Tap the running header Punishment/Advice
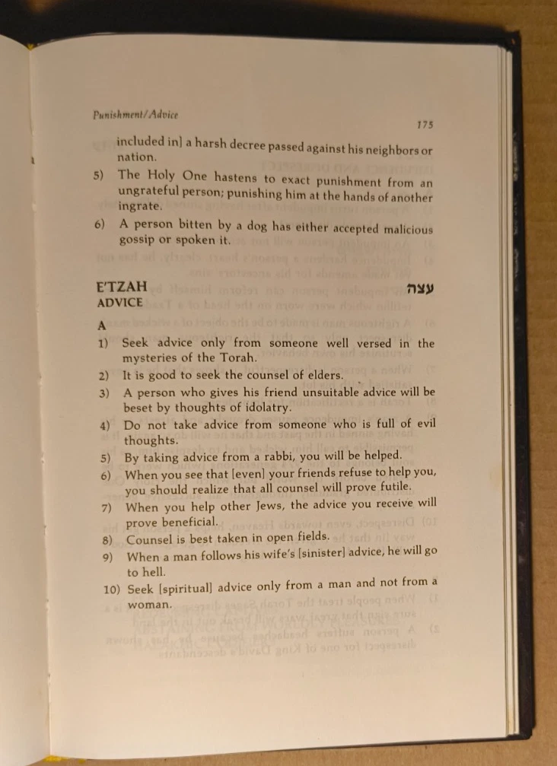[x=135, y=115]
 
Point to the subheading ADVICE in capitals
[x=120, y=302]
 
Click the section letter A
[x=102, y=325]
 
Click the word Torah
[x=239, y=358]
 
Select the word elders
[x=321, y=375]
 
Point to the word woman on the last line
[x=149, y=605]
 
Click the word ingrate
[x=139, y=207]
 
